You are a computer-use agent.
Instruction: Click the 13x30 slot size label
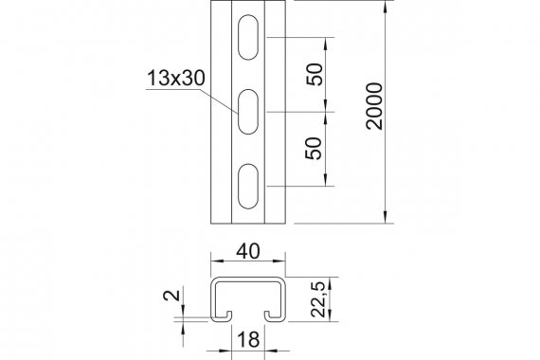coord(176,78)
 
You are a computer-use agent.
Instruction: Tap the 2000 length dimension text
coord(374,106)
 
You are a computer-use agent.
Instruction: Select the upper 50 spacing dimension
coord(315,74)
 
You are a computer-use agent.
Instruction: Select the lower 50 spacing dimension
coord(314,149)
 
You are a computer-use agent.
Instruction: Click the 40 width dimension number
coord(248,251)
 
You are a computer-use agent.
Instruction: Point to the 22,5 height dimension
coord(318,299)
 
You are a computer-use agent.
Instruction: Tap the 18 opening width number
coord(248,339)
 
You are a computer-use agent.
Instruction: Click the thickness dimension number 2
coord(171,296)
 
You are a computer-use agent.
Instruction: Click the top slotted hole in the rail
coord(248,37)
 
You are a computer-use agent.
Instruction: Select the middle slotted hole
coord(248,112)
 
